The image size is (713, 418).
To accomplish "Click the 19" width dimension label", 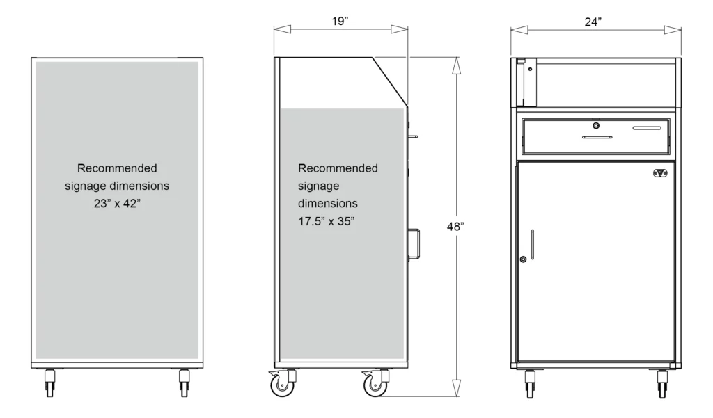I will click(340, 22).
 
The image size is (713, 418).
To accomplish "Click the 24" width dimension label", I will click(593, 22).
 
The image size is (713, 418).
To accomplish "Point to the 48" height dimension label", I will click(456, 225).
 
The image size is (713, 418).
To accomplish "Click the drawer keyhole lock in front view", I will click(596, 126).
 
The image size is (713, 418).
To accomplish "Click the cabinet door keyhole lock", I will click(522, 259).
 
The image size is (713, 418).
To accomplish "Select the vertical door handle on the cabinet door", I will click(532, 245).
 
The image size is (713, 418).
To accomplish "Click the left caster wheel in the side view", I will click(281, 385).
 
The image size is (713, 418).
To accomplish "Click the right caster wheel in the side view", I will click(374, 385).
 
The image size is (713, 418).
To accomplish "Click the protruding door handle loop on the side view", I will click(416, 243).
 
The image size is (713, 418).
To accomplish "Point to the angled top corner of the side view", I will click(390, 77).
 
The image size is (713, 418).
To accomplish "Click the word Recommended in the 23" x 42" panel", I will click(117, 168).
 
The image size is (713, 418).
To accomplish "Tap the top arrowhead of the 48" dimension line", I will click(456, 64).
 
